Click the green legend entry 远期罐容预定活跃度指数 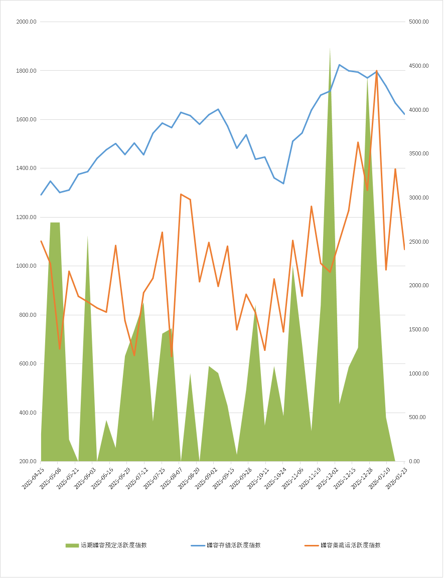coord(113,545)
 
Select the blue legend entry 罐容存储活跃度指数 coord(233,545)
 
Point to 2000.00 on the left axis coord(26,22)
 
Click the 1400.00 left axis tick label coord(26,168)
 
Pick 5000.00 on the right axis coord(418,22)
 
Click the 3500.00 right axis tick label coord(418,154)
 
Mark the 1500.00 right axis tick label coord(418,330)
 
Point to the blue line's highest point coord(339,65)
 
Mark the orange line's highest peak coord(376,71)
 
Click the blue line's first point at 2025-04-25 coord(41,195)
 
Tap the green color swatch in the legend coord(72,545)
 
